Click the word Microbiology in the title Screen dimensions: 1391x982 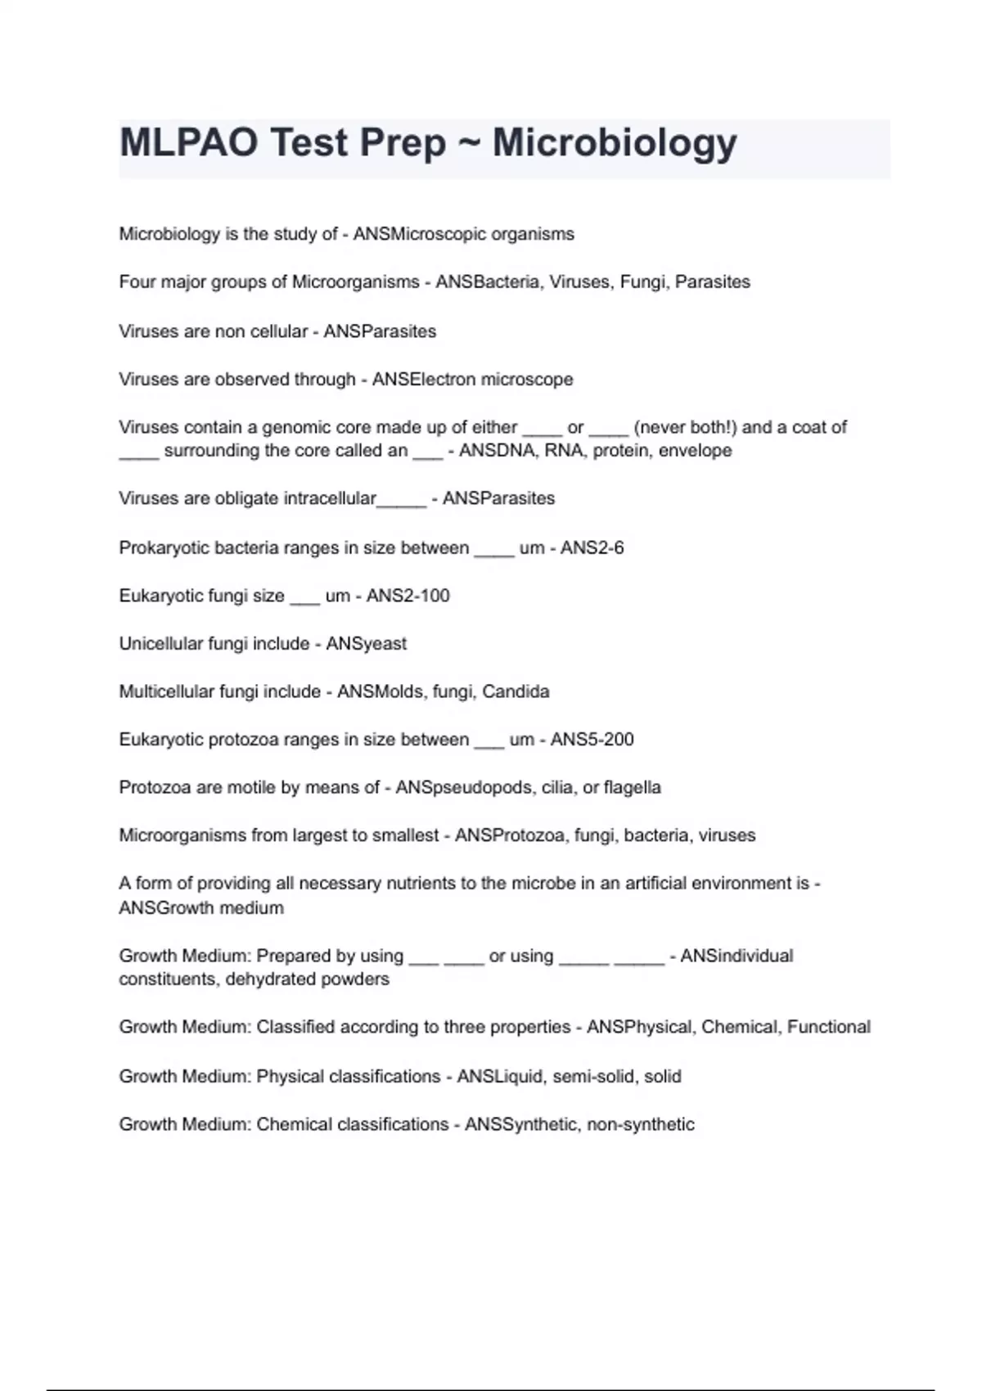tap(615, 144)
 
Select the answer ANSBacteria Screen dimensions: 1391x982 tap(489, 282)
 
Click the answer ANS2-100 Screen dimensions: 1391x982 tap(408, 596)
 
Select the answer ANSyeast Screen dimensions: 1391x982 tap(366, 644)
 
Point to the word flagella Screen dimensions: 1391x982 tap(632, 788)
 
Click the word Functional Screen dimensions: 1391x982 tap(828, 1028)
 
